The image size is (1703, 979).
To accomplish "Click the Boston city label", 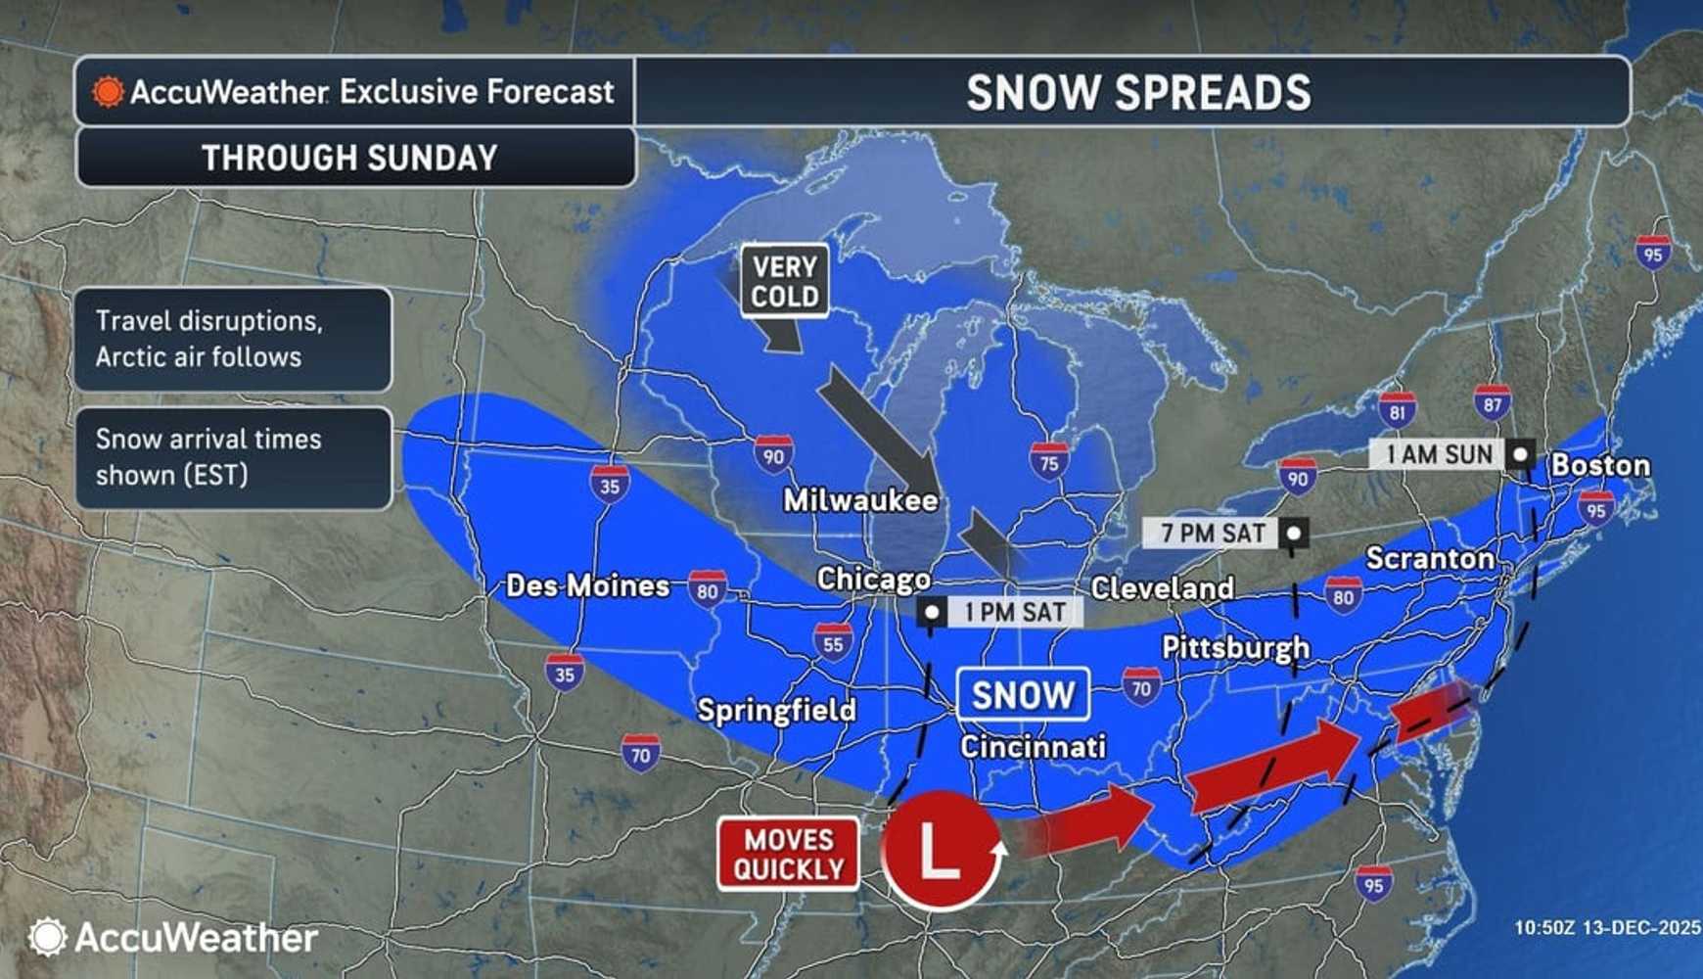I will tap(1600, 465).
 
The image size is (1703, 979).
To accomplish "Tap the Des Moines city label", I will tap(587, 586).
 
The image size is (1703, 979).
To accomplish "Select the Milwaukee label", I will tap(860, 500).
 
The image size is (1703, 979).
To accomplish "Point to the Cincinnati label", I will tap(1033, 747).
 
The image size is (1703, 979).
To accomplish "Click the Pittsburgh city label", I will tap(1235, 647).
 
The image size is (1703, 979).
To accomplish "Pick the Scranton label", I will tap(1429, 559).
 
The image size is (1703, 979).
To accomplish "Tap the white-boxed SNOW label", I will tap(1023, 695).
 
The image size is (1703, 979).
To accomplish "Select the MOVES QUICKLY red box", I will tap(788, 855).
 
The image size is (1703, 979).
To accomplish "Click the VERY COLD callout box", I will tap(784, 282).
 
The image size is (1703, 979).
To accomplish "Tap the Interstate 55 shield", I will tap(833, 643).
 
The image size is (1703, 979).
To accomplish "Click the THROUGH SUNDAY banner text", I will tap(349, 158).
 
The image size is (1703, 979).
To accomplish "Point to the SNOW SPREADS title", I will tap(1137, 93).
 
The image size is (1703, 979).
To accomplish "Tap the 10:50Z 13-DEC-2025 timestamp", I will tap(1606, 927).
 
